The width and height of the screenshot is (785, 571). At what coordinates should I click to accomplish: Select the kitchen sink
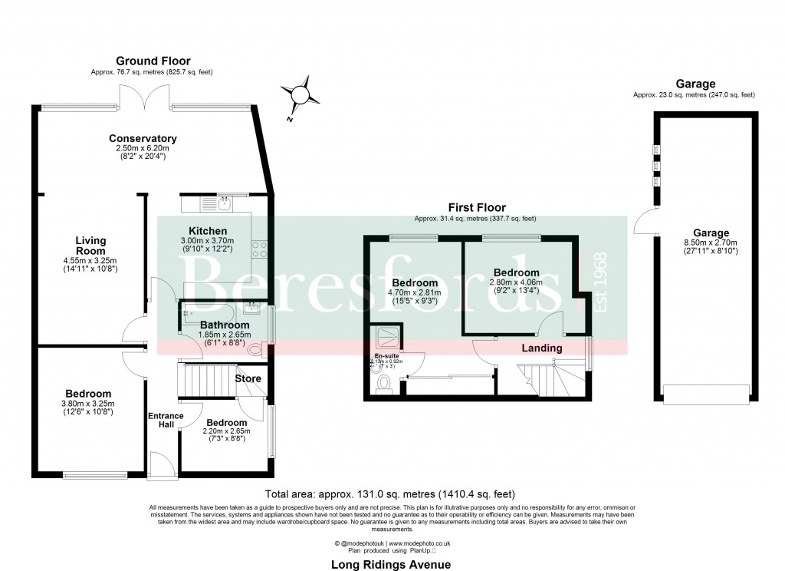tap(224, 204)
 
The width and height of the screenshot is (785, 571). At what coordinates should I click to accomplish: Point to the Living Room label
tap(90, 246)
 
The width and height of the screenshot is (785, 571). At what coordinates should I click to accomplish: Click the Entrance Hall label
tap(165, 421)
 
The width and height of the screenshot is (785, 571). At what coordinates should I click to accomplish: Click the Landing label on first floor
tap(542, 348)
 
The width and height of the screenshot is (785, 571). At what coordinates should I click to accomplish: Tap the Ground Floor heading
tap(153, 61)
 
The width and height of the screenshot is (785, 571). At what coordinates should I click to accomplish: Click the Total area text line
tap(390, 493)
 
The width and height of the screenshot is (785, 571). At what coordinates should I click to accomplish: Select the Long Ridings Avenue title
tap(390, 564)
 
